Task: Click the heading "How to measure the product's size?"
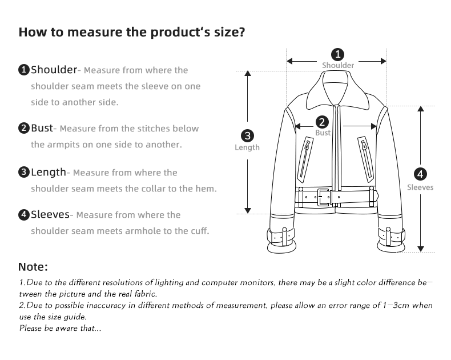[x=132, y=32]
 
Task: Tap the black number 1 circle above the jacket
[x=337, y=54]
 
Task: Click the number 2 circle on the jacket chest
[x=322, y=122]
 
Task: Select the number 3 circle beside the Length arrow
[x=247, y=136]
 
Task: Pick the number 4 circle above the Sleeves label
[x=420, y=174]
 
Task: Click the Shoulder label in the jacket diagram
[x=337, y=66]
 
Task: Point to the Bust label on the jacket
[x=323, y=133]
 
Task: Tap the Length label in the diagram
[x=247, y=147]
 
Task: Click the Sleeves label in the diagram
[x=420, y=187]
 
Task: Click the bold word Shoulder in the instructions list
[x=54, y=70]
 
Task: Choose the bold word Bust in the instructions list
[x=42, y=128]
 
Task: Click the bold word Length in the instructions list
[x=49, y=172]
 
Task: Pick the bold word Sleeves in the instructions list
[x=50, y=215]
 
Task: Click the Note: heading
[x=33, y=267]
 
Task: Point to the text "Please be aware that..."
[x=60, y=328]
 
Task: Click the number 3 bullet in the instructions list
[x=24, y=173]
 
